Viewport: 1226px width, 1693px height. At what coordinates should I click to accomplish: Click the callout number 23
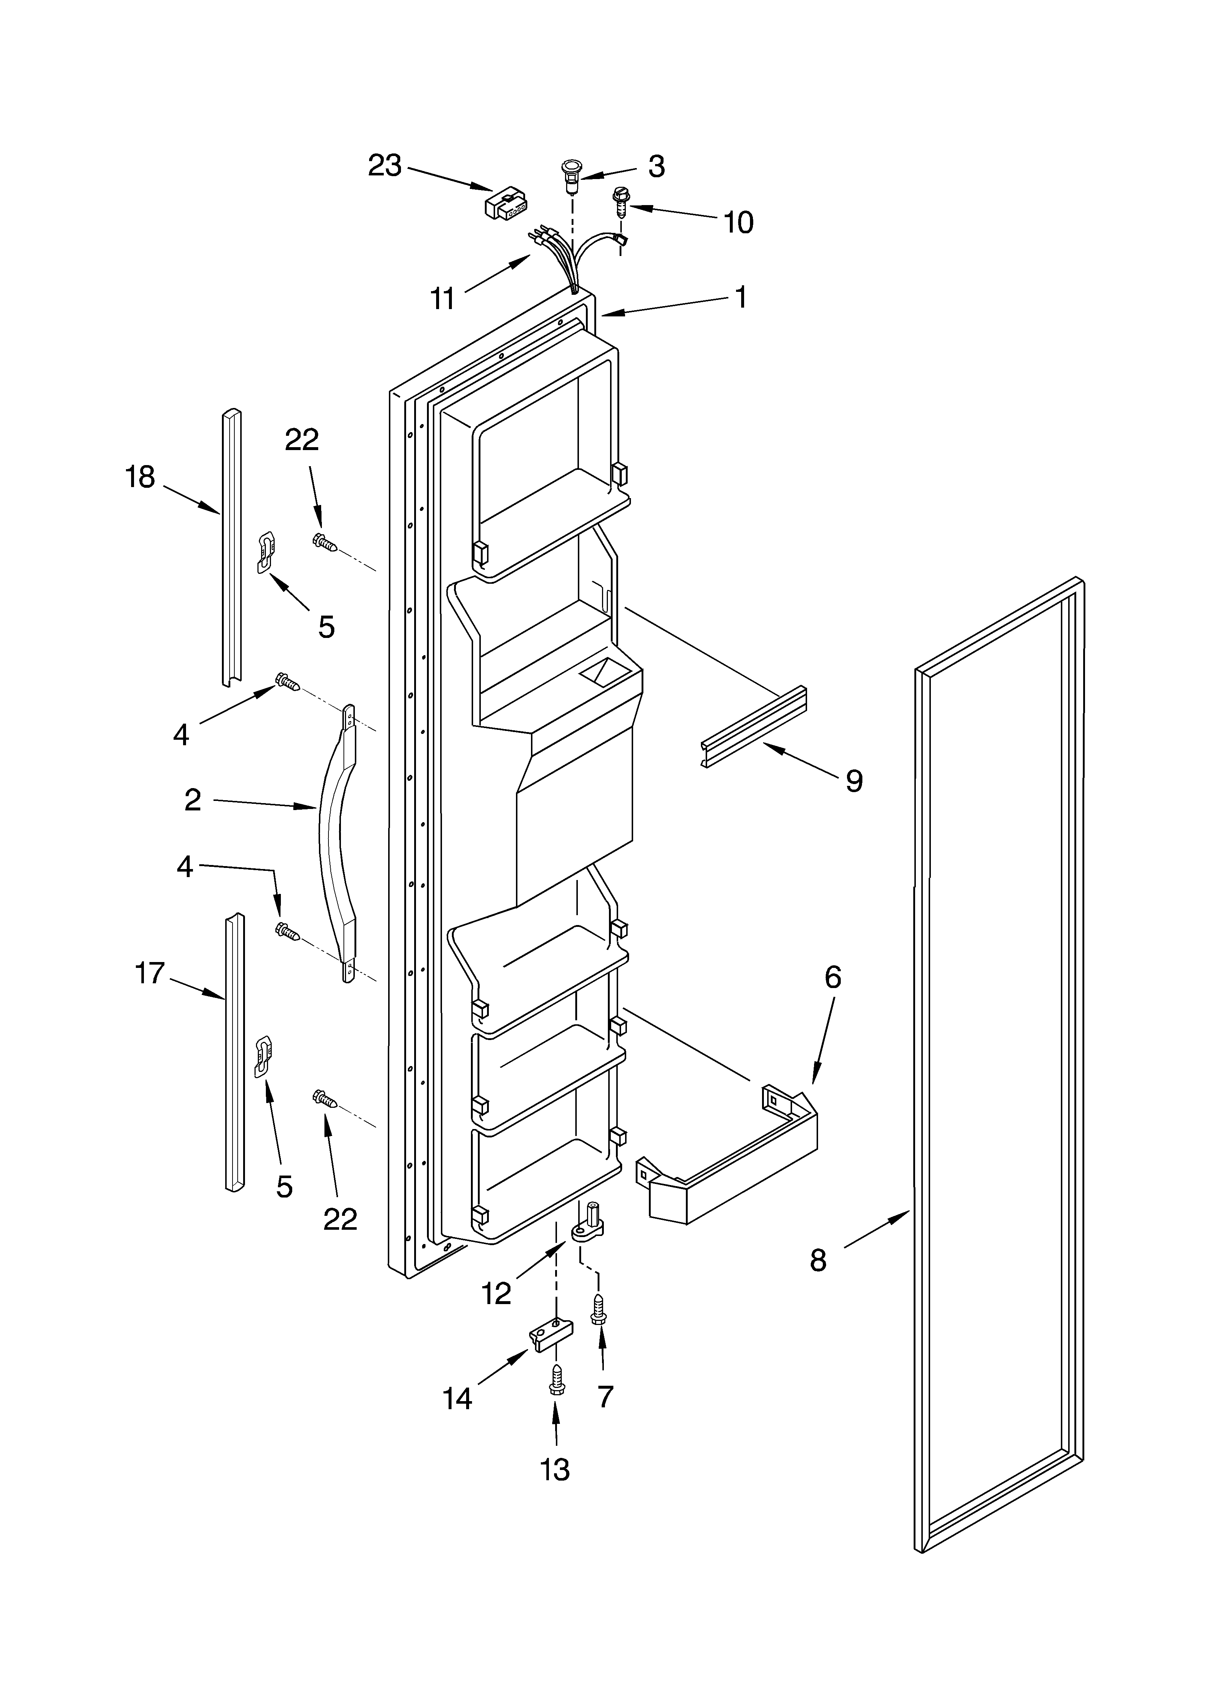pos(384,165)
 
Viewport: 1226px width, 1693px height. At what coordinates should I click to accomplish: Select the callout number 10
pos(738,222)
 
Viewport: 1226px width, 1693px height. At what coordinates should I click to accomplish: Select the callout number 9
pos(854,781)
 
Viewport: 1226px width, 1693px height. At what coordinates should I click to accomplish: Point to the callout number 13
pos(555,1469)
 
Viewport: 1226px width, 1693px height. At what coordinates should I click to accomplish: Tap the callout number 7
pos(605,1396)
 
